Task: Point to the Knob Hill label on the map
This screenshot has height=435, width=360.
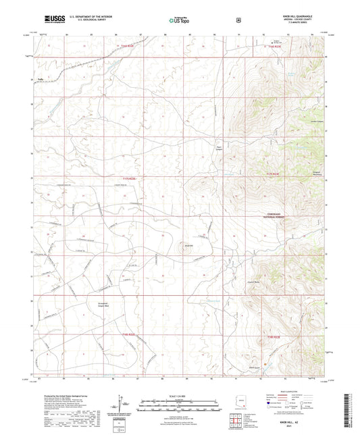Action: tap(190, 245)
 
